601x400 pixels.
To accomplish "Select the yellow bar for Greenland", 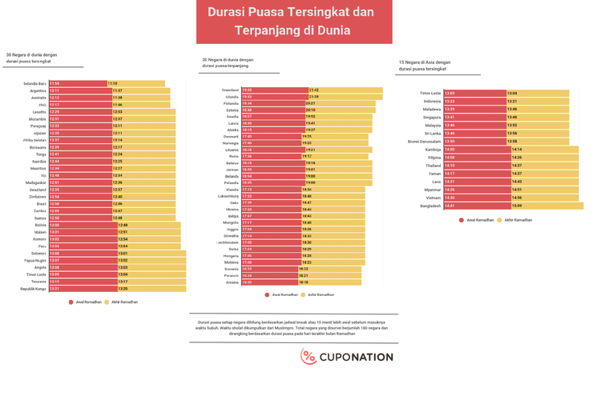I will point(337,90).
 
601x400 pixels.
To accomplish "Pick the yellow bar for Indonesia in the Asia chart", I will point(537,102).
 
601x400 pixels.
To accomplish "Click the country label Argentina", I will point(38,90).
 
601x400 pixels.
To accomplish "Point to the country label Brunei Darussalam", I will point(425,142).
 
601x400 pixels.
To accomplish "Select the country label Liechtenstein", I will point(228,242).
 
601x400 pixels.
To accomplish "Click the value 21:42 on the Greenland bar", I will point(314,90).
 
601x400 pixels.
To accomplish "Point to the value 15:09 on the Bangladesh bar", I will point(517,206).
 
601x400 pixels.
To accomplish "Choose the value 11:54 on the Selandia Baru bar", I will point(54,83).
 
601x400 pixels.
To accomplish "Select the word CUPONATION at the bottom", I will point(357,358).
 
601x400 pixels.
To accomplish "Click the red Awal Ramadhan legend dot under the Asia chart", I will point(462,219).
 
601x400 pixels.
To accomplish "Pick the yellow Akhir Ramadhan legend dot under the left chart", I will point(107,302).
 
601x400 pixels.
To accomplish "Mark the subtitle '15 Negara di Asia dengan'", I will point(425,62).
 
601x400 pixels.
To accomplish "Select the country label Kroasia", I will point(232,282).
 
